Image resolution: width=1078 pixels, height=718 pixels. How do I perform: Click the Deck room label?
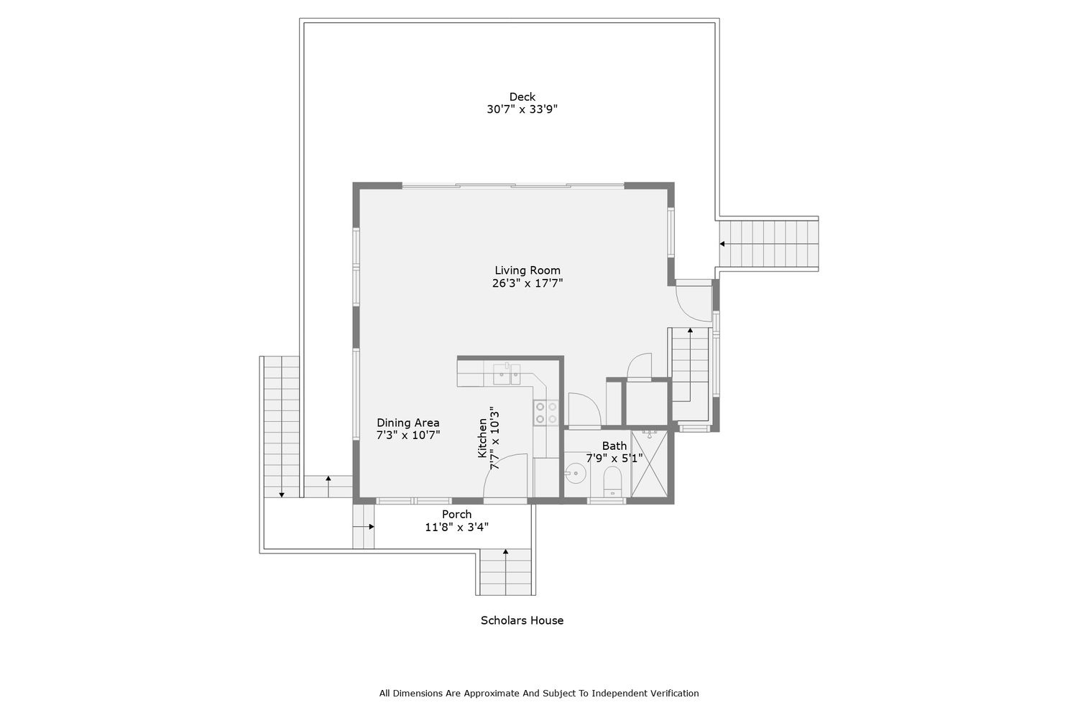522,97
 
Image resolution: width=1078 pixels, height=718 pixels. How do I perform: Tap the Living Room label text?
528,270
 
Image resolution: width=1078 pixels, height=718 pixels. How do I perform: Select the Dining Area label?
407,423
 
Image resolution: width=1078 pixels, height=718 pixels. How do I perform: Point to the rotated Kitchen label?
482,438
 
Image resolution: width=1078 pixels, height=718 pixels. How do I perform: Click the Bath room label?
614,446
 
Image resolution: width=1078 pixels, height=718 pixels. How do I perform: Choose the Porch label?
456,515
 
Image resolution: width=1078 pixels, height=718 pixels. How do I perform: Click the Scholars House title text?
522,620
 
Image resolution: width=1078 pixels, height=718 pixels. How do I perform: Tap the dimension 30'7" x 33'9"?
522,109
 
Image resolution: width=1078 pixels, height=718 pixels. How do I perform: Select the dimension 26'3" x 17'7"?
528,283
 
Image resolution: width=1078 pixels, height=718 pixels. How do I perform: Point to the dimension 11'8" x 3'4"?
456,527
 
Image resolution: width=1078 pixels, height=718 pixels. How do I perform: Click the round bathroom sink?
575,474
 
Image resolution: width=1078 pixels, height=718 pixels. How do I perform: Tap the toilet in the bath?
612,482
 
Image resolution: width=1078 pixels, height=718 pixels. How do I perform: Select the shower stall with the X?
649,464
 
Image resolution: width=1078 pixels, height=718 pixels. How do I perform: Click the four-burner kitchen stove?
546,413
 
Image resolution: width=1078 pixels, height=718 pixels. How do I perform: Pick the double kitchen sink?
506,374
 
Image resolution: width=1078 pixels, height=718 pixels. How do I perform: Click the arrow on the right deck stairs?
768,244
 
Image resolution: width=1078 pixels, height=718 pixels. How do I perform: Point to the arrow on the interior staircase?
690,364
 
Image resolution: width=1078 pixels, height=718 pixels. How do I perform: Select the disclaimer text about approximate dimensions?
539,694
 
